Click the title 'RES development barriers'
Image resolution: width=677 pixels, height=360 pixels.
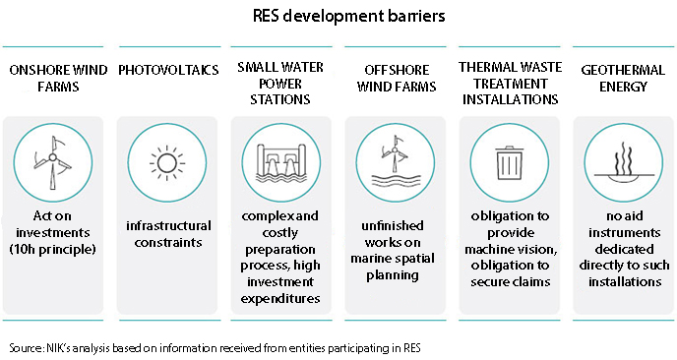point(338,17)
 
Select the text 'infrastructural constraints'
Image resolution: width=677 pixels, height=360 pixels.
point(165,236)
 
